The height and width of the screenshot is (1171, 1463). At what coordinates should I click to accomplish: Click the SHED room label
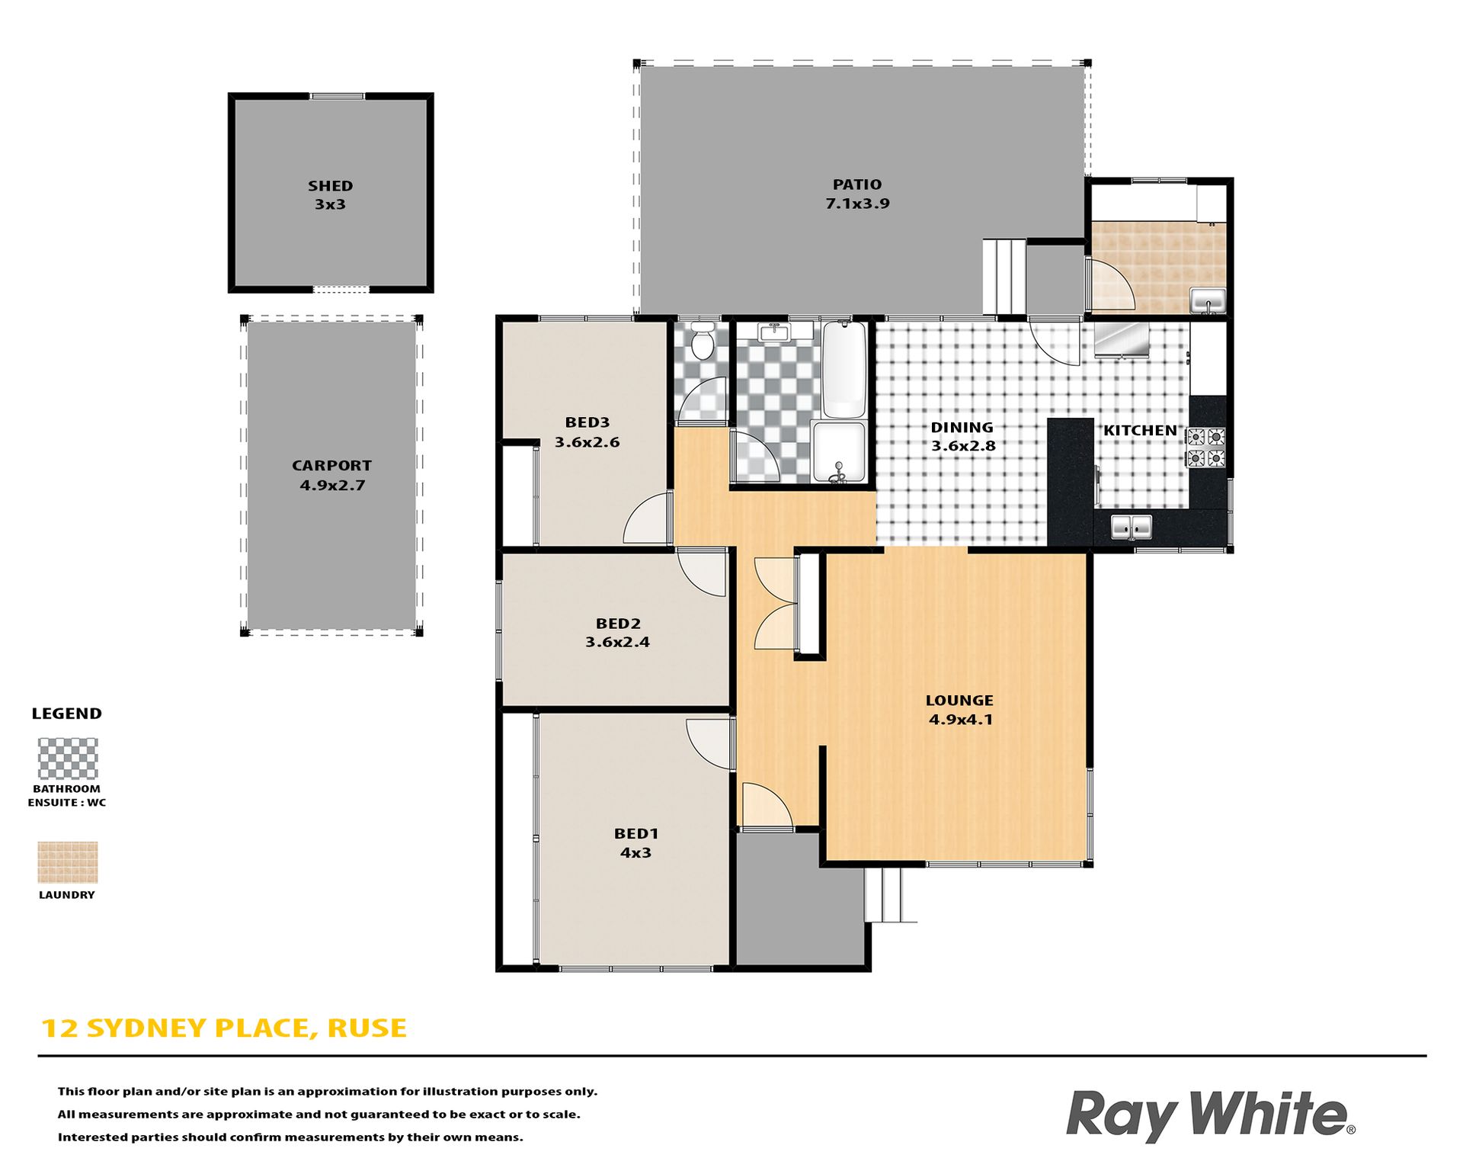[x=330, y=186]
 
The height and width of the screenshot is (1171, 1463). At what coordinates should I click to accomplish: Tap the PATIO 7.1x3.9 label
[x=857, y=194]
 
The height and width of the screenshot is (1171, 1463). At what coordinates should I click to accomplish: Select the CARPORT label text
[x=331, y=466]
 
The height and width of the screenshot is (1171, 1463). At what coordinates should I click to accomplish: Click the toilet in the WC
[x=702, y=339]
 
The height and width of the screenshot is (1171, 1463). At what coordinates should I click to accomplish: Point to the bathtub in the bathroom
[x=844, y=369]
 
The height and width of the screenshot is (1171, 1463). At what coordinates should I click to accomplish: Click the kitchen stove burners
[x=1205, y=448]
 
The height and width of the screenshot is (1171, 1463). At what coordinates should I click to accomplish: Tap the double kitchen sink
[x=1131, y=527]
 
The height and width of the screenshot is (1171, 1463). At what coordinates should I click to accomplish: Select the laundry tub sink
[x=1208, y=300]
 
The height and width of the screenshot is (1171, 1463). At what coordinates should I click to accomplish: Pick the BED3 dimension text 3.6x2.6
[x=587, y=442]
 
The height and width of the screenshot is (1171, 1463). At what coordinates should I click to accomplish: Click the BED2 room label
[x=618, y=624]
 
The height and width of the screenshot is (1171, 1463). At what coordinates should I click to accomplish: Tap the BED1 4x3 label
[x=635, y=843]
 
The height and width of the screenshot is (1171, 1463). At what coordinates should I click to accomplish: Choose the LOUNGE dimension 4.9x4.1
[x=960, y=720]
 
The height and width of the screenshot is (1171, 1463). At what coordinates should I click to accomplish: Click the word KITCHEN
[x=1140, y=431]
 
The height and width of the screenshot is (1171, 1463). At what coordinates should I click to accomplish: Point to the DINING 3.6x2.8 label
[x=963, y=437]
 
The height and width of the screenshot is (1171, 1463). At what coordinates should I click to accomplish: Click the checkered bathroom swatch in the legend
[x=68, y=758]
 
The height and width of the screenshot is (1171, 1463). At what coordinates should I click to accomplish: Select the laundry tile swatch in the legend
[x=68, y=862]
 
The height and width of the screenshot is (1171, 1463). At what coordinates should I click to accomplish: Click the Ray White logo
[x=1210, y=1115]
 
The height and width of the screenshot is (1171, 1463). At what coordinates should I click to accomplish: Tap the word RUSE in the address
[x=367, y=1028]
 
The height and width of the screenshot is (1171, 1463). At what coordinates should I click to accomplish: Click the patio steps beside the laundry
[x=1004, y=276]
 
